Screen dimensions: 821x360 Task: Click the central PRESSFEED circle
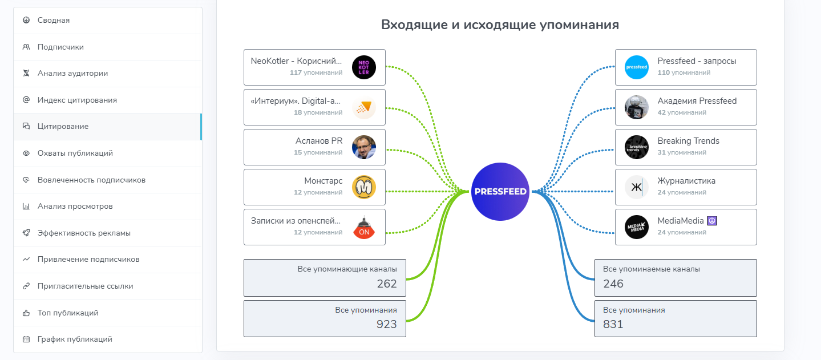500,192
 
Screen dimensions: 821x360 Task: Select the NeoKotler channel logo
364,67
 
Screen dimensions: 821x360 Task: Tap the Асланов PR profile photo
364,147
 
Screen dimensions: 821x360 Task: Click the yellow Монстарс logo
364,187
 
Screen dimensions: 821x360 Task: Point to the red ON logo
364,227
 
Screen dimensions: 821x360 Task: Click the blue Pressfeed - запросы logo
637,67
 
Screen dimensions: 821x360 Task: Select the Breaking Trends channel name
688,141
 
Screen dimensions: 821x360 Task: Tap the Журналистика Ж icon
637,187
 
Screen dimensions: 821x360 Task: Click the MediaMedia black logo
637,227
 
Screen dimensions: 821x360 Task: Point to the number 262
386,284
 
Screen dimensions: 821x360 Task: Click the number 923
386,325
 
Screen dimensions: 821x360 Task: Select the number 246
613,284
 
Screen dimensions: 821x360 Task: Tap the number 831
613,325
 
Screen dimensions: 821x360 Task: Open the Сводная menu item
54,21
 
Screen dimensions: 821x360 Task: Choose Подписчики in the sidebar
60,47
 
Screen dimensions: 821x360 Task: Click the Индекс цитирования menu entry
77,100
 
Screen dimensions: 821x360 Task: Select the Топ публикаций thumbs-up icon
26,313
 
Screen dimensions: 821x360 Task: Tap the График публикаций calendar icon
26,339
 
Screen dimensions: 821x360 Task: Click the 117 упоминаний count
316,72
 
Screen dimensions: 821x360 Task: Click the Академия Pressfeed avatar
637,107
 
